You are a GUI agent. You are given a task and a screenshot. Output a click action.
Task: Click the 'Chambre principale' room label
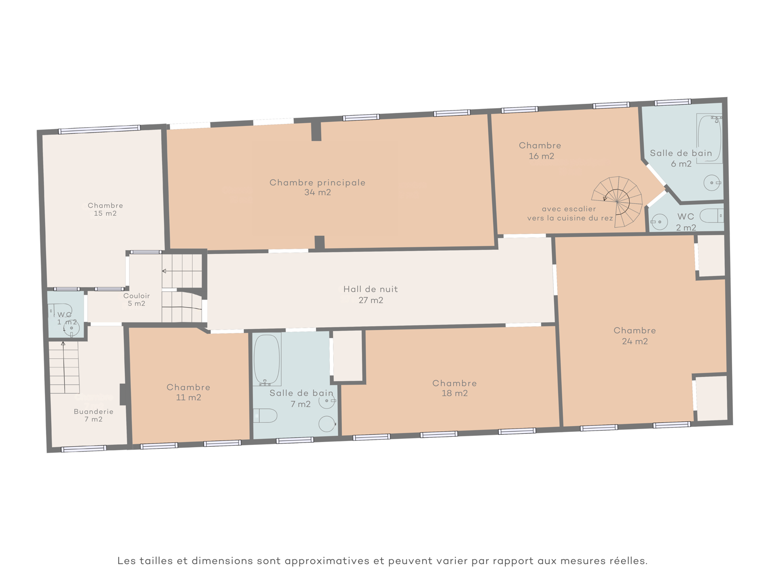click(x=317, y=183)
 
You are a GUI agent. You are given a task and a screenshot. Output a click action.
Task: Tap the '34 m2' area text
click(x=317, y=192)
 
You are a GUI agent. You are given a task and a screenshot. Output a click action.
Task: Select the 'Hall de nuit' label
click(x=371, y=289)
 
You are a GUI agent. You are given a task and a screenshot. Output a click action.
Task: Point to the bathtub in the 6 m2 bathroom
click(x=709, y=138)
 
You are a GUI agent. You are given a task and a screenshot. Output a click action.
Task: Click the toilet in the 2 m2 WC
click(x=711, y=216)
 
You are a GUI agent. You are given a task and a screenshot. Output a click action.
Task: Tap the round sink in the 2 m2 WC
click(x=659, y=221)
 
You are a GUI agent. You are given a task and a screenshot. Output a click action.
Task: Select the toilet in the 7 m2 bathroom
click(x=265, y=415)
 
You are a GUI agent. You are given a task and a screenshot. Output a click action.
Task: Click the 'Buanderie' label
click(x=93, y=411)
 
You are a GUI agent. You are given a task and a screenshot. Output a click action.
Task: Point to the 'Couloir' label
click(x=136, y=296)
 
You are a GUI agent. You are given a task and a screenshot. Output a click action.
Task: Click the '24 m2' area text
click(x=634, y=341)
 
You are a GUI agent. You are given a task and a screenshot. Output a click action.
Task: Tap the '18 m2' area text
click(x=455, y=393)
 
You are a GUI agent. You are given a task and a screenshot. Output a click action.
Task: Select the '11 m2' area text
click(x=188, y=397)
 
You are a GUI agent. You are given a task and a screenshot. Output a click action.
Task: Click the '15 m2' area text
click(x=105, y=213)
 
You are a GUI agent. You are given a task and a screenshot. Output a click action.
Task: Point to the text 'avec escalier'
click(x=569, y=209)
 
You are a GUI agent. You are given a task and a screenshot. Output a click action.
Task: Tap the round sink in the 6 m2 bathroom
click(x=711, y=183)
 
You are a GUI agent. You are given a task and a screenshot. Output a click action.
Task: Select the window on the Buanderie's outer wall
click(x=84, y=449)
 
